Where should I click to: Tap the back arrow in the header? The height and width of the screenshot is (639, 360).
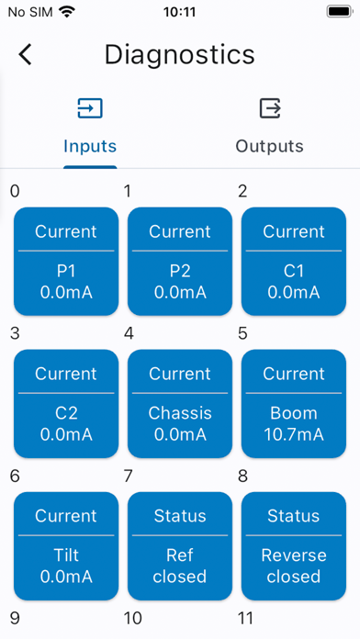point(25,54)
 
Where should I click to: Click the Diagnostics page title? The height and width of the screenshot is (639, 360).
point(179,54)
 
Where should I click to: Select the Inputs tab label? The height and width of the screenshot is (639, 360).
point(90,146)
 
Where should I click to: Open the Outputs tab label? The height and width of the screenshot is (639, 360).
point(269,146)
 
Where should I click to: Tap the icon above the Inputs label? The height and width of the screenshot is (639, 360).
point(90,108)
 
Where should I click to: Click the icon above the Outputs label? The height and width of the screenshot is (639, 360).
point(269,108)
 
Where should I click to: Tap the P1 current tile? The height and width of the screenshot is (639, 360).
point(66,262)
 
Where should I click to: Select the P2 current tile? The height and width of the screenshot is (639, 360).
point(180,262)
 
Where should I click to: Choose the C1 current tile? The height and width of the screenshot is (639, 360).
point(294,262)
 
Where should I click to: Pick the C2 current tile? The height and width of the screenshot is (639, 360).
point(66,404)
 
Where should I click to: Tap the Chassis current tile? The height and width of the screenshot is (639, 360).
point(180,404)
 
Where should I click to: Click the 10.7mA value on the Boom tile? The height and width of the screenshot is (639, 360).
point(294,434)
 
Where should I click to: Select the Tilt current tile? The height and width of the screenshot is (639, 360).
point(66,546)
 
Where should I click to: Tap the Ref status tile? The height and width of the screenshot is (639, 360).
point(180,546)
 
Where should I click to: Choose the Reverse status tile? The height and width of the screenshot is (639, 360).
point(294,546)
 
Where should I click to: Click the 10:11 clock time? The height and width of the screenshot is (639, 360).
point(179,14)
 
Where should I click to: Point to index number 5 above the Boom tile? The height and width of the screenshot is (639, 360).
point(242,333)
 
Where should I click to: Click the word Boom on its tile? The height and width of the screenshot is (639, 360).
point(294,413)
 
